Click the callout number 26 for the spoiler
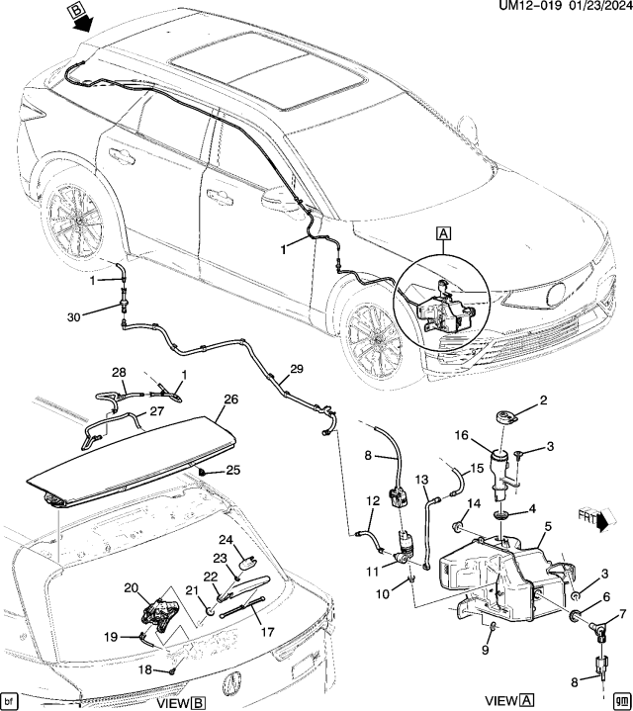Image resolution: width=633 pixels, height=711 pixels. tap(231, 400)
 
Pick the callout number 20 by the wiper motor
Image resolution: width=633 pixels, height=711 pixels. tap(130, 587)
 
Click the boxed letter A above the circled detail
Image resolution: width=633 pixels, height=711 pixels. tap(443, 234)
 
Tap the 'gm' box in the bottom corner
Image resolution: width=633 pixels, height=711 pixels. tap(621, 699)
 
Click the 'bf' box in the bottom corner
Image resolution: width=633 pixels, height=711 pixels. tap(11, 699)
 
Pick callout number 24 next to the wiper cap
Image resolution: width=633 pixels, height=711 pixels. tap(226, 540)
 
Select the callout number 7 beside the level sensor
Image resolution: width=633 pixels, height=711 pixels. tap(622, 615)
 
